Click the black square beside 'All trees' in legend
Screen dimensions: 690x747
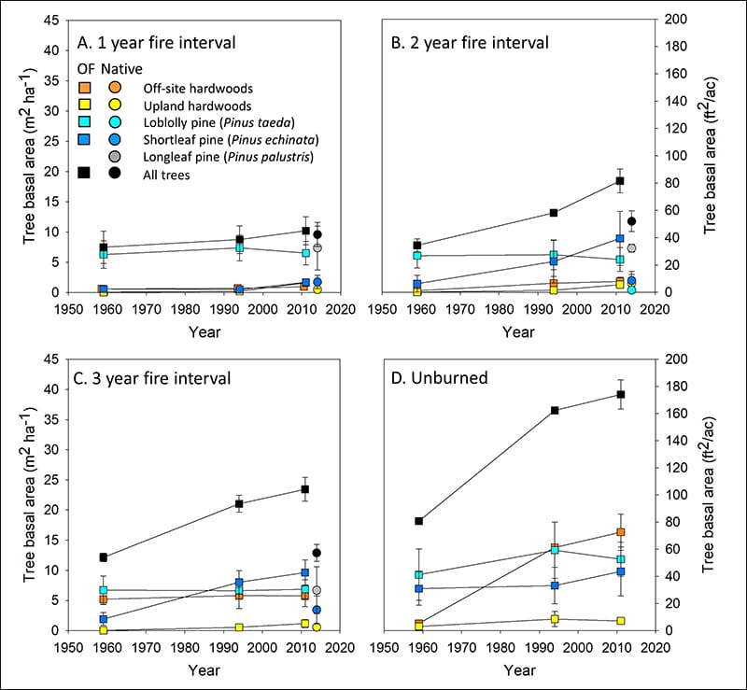click(85, 174)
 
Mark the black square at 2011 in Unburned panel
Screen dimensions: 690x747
click(620, 394)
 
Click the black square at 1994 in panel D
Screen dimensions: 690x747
click(555, 410)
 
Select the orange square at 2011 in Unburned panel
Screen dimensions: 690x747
click(620, 532)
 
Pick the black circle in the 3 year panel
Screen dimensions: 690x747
click(317, 553)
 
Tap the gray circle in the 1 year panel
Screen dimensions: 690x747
click(317, 247)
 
